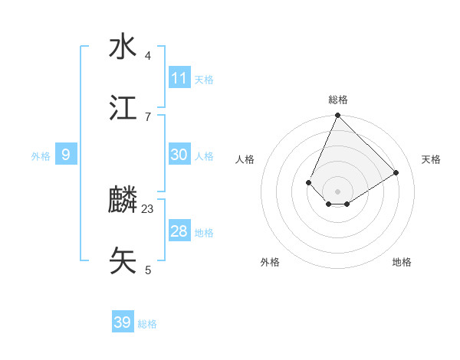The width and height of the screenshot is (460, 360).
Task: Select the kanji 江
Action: [x=123, y=108]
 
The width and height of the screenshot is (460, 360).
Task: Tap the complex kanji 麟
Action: [x=123, y=201]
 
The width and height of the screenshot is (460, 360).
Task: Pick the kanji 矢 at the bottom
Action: [x=123, y=260]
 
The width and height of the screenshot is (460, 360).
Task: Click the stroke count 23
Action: [x=148, y=208]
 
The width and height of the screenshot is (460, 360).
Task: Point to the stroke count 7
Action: [x=148, y=116]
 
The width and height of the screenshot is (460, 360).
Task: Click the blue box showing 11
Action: [x=179, y=78]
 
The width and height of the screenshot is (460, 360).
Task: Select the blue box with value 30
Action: [x=179, y=155]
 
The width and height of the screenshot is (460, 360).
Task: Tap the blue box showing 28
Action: [x=179, y=231]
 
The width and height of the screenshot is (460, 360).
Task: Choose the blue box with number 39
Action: [x=123, y=322]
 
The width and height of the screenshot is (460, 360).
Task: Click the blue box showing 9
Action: [x=66, y=155]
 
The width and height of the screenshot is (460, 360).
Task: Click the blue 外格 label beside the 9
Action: [x=41, y=156]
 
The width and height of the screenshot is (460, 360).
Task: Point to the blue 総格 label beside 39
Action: [x=147, y=324]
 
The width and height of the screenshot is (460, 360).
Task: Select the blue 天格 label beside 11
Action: [x=204, y=80]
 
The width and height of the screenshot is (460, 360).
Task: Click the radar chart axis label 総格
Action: [x=337, y=100]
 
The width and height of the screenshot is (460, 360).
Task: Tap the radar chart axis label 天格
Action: [x=431, y=159]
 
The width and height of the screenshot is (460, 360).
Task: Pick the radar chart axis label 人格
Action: [x=245, y=159]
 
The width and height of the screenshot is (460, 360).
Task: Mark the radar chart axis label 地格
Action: [x=402, y=262]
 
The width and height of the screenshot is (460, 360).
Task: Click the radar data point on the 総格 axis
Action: [x=337, y=116]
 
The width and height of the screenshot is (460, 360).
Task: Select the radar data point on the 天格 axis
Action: [x=396, y=173]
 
